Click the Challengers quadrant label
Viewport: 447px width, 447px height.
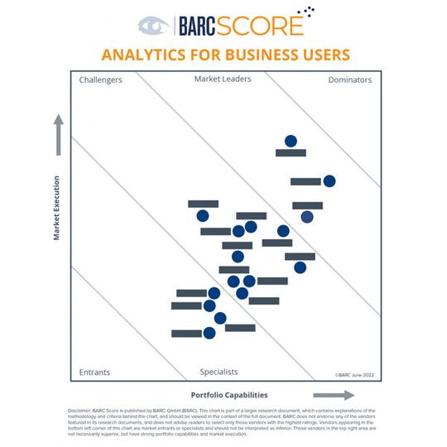(x=101, y=80)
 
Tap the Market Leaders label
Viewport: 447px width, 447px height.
(x=223, y=79)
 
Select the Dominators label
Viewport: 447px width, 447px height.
(x=349, y=80)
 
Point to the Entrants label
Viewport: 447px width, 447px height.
(x=94, y=372)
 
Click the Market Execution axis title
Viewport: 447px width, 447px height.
(x=57, y=208)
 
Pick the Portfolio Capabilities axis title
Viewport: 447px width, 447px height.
(x=229, y=395)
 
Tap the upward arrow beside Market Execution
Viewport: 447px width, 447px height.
(x=59, y=135)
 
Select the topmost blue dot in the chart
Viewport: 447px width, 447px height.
(x=291, y=141)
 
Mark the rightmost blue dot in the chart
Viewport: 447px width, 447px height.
(x=329, y=181)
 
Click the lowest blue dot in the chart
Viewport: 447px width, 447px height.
(x=209, y=333)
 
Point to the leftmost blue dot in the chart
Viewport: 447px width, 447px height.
(x=203, y=216)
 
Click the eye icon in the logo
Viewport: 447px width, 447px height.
(x=153, y=26)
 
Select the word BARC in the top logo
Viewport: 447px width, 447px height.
(x=199, y=26)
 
